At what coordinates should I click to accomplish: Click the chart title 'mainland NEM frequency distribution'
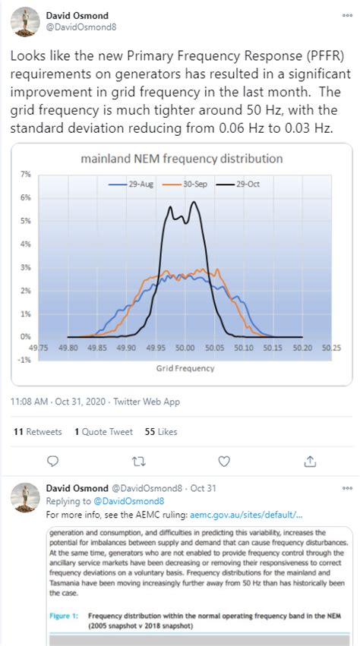tap(182, 159)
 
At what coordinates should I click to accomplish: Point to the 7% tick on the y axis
tap(25, 174)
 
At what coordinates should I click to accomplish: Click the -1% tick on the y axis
tap(24, 360)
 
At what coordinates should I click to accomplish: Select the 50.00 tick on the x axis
tap(185, 347)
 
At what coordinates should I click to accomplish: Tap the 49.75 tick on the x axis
tap(39, 347)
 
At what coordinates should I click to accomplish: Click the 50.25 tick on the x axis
tap(330, 347)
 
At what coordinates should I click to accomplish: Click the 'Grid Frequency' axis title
tap(185, 368)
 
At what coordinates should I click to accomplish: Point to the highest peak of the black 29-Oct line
tap(194, 202)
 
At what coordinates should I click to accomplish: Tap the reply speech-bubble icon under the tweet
tap(52, 461)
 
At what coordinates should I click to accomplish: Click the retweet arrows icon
tap(138, 461)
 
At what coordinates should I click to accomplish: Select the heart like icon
tap(224, 461)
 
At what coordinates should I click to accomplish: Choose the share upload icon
tap(310, 461)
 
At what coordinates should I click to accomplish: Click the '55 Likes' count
tap(161, 431)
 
